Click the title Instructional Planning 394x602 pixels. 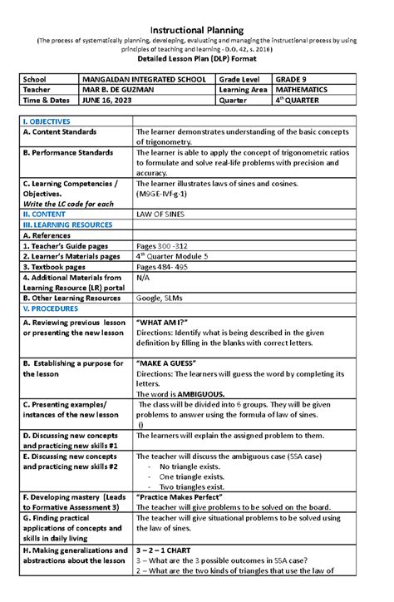click(x=197, y=30)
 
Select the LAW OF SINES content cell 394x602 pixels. click(x=164, y=213)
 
